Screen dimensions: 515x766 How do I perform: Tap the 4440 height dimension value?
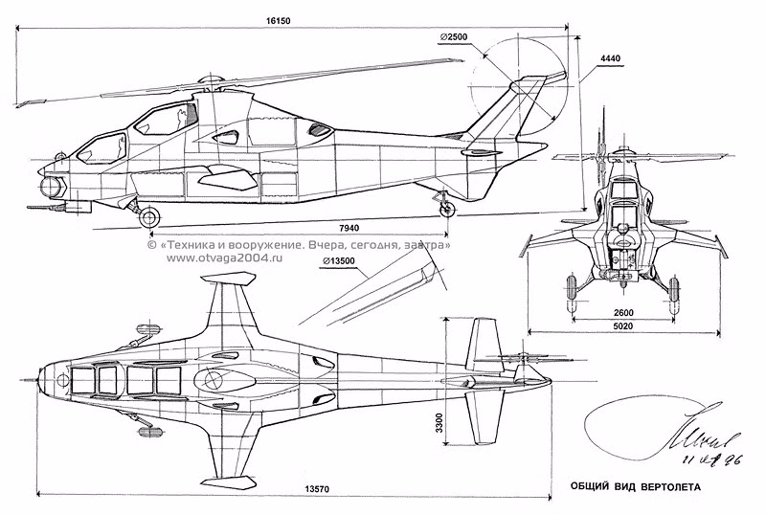609,58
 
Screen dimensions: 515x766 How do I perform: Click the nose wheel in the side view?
148,216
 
